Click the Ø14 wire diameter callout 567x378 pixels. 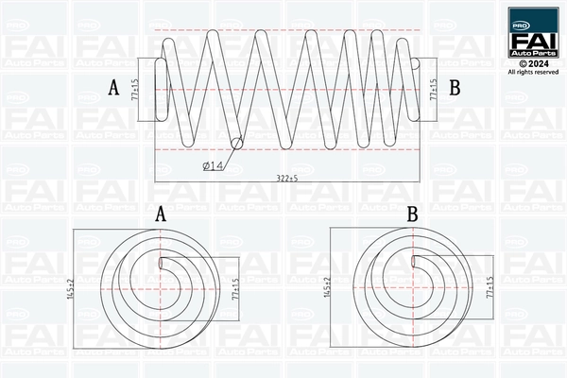pyautogui.click(x=213, y=166)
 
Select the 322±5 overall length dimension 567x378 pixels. pyautogui.click(x=287, y=178)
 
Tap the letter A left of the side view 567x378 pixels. pyautogui.click(x=113, y=88)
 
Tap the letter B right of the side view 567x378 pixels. pyautogui.click(x=455, y=88)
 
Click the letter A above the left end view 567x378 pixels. pyautogui.click(x=161, y=214)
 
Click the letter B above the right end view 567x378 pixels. pyautogui.click(x=413, y=214)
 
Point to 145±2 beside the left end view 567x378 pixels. pyautogui.click(x=71, y=288)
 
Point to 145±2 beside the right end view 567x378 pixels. pyautogui.click(x=327, y=287)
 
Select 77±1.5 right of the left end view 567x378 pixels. pyautogui.click(x=235, y=288)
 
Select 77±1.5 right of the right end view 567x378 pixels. pyautogui.click(x=490, y=287)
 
